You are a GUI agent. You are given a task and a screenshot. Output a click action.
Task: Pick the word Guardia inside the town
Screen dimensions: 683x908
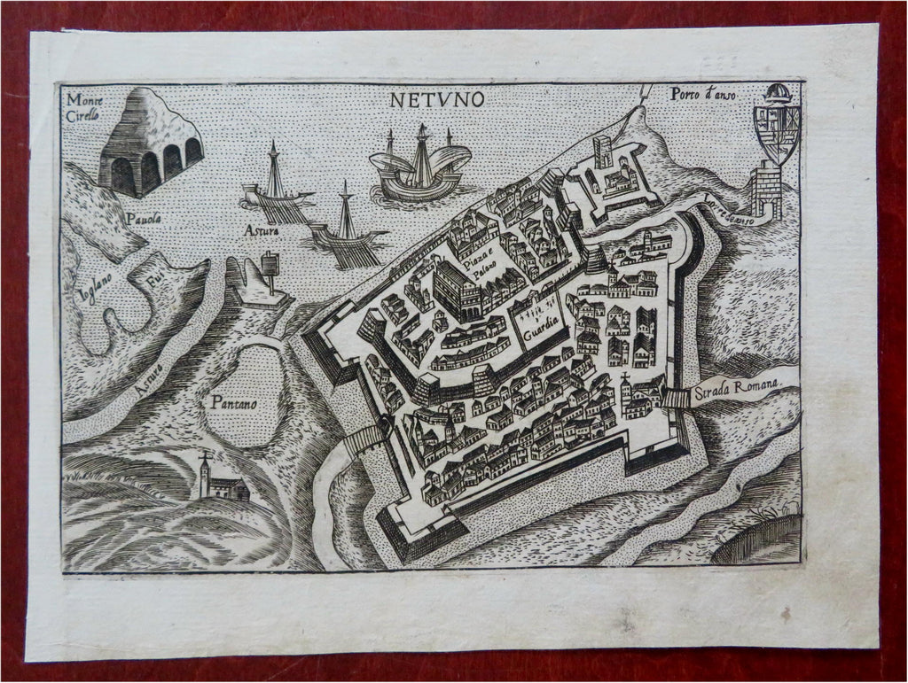[541, 336]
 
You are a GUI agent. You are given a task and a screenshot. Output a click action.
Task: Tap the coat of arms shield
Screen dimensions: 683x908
[776, 133]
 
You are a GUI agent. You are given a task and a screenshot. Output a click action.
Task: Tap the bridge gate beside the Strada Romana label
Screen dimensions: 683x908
[676, 399]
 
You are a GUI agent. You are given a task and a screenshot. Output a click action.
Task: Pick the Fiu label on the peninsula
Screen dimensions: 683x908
[156, 280]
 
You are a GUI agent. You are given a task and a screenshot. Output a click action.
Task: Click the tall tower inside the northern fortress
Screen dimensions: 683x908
[603, 152]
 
